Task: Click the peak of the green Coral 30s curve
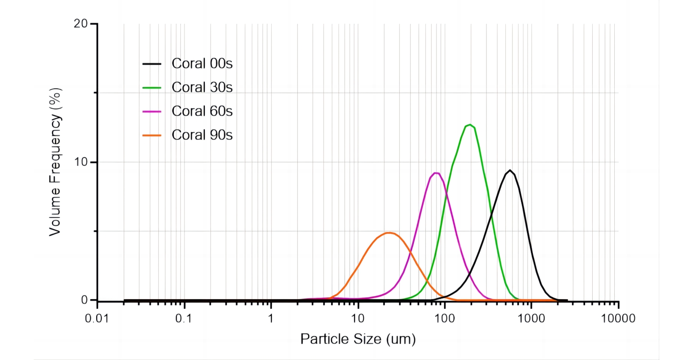470,125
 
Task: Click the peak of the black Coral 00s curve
509,171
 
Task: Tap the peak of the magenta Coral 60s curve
436,173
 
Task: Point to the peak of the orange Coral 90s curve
389,233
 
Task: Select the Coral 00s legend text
202,63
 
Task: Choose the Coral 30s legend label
202,87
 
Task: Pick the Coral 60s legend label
202,111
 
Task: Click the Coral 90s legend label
202,135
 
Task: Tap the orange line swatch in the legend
152,135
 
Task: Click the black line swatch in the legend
152,63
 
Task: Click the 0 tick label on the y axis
84,300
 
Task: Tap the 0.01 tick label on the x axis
97,319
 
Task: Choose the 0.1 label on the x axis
184,319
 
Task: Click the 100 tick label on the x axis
445,319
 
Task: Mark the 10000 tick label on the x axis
618,319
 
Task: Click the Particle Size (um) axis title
358,339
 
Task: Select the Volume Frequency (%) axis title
55,162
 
